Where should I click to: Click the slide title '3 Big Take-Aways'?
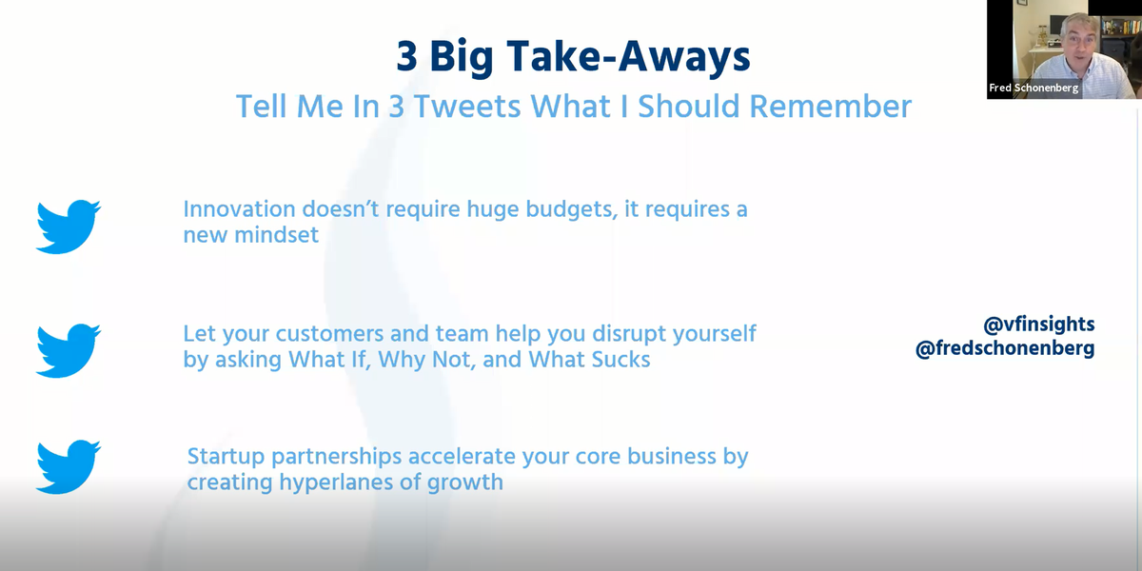[x=573, y=57]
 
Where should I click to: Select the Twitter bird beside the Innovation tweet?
[x=68, y=226]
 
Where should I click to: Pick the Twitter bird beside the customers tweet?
[x=68, y=349]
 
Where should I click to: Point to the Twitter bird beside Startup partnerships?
[x=68, y=467]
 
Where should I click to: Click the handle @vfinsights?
[x=1038, y=325]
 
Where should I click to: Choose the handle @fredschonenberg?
[x=1005, y=348]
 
